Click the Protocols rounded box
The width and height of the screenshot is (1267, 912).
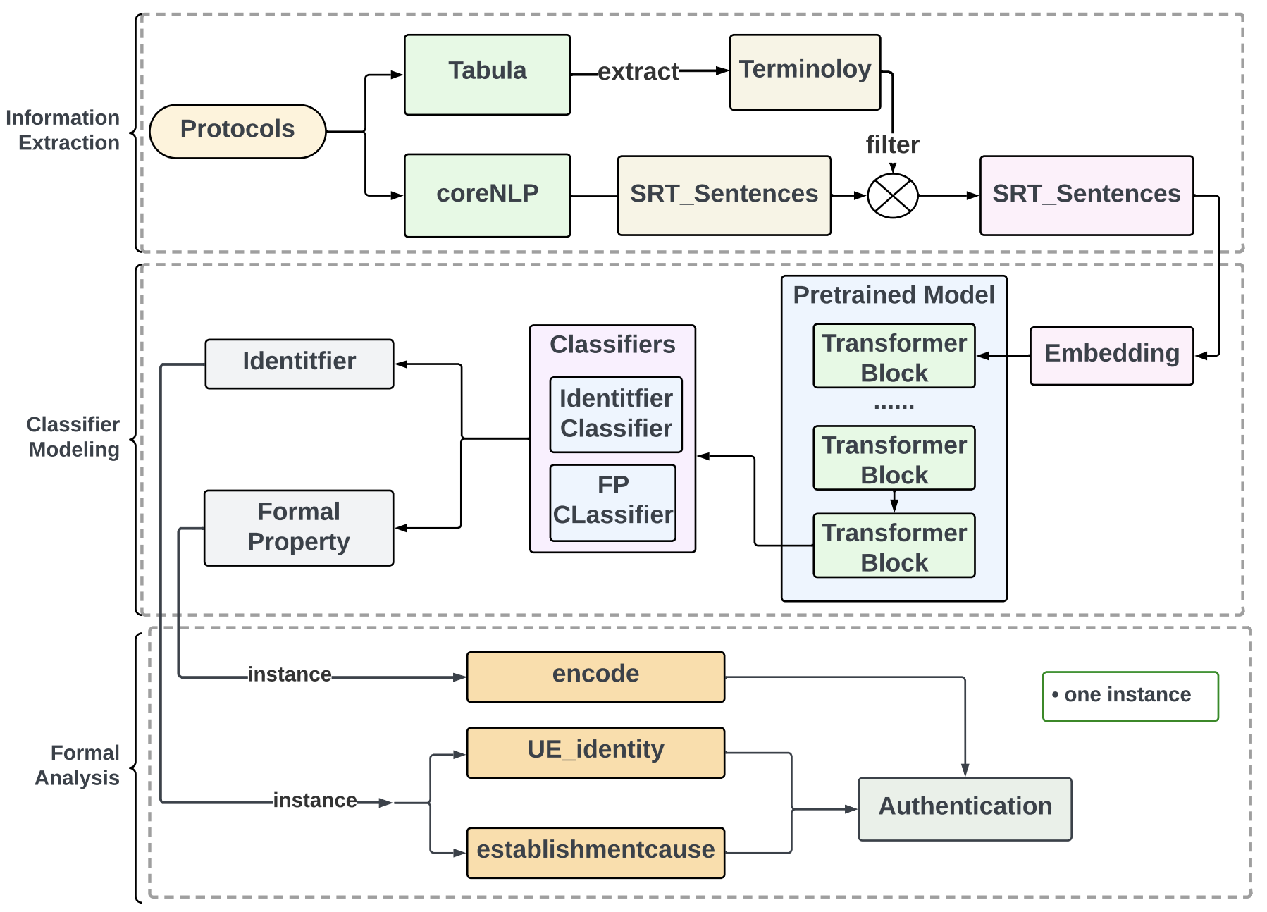coord(237,131)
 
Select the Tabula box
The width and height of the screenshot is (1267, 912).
coord(487,74)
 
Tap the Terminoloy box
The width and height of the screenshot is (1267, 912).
coord(805,72)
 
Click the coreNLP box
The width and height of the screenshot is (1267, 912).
coord(487,195)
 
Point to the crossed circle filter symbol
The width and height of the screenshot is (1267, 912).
coord(892,196)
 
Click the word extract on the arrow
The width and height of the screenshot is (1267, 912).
coord(638,72)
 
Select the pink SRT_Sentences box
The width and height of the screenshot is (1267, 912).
coord(1086,195)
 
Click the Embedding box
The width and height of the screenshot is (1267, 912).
coord(1111,355)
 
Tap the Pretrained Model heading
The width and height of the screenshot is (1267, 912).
coord(894,295)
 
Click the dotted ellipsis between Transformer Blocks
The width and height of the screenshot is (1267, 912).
coord(894,407)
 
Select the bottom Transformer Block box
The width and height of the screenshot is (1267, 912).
coord(894,546)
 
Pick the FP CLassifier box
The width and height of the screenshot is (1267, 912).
coord(612,503)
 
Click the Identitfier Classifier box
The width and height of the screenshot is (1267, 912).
coord(616,414)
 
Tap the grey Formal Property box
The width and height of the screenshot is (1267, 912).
coord(299,527)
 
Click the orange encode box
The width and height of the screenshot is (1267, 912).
coord(595,677)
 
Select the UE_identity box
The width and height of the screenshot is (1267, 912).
coord(595,752)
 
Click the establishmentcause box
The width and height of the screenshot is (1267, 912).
coord(595,852)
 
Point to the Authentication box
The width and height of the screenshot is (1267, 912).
coord(964,808)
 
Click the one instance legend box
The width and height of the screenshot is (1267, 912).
coord(1130,696)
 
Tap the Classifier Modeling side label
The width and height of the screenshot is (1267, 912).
coord(73,437)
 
